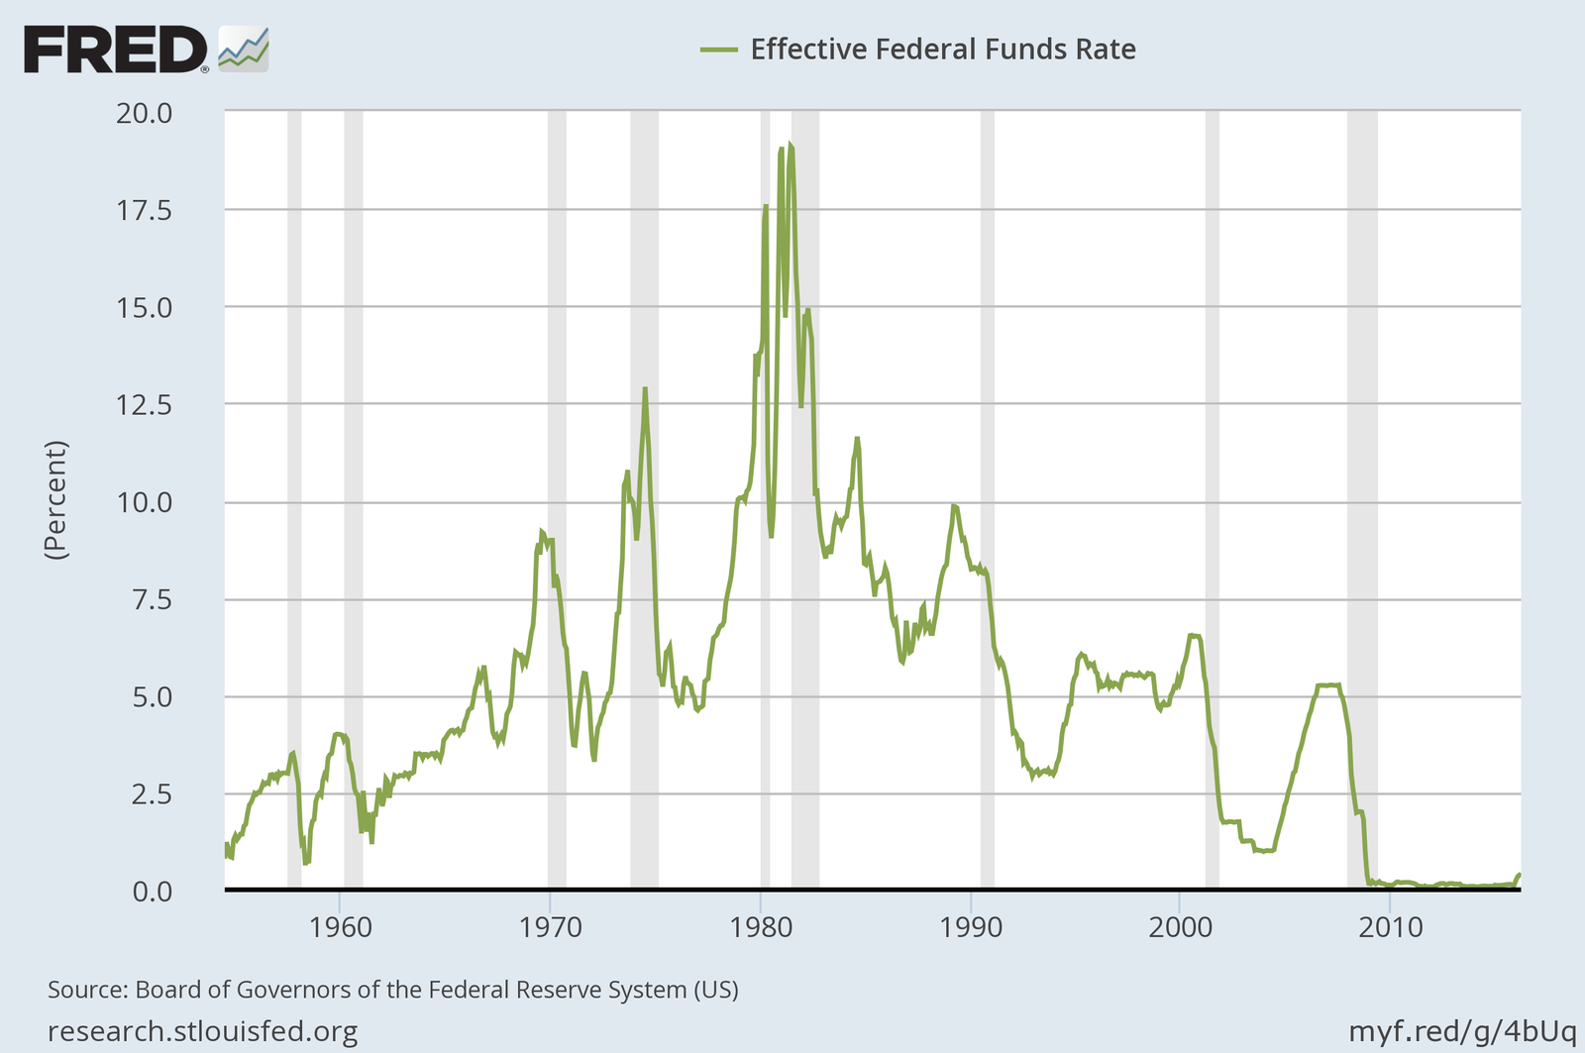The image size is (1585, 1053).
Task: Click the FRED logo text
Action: (x=114, y=50)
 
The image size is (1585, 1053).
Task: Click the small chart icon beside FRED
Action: (x=244, y=49)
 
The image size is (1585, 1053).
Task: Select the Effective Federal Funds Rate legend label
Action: (x=942, y=50)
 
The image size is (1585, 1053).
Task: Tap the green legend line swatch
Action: (x=718, y=50)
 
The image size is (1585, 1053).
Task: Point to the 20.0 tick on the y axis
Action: (x=144, y=113)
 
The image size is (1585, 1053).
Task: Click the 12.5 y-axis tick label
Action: (x=144, y=405)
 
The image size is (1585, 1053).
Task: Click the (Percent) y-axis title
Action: (x=55, y=500)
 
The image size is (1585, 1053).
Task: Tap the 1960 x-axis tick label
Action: (x=340, y=928)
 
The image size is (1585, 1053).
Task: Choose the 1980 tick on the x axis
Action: (x=761, y=928)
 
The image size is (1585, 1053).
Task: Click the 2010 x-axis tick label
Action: (x=1391, y=928)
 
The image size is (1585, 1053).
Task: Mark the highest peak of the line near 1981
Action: (x=789, y=145)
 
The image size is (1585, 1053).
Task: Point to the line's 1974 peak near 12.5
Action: (x=645, y=389)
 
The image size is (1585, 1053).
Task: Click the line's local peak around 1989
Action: (x=953, y=506)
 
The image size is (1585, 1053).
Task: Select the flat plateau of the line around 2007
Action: (x=1328, y=684)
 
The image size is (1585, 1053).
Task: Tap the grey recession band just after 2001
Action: (x=1212, y=495)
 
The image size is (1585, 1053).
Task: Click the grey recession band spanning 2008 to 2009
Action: (x=1362, y=495)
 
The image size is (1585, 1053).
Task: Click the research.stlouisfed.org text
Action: (x=202, y=1032)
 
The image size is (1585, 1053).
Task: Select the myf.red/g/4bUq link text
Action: (x=1461, y=1031)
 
